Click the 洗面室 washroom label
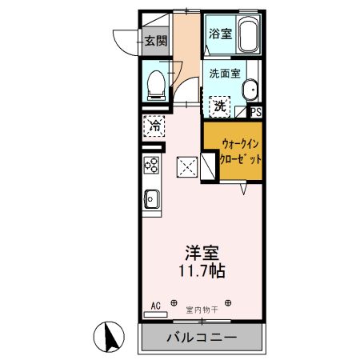[224, 73]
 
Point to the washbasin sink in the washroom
[250, 90]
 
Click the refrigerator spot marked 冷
[155, 126]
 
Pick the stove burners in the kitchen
[152, 166]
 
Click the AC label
[156, 305]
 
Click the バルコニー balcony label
[201, 338]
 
